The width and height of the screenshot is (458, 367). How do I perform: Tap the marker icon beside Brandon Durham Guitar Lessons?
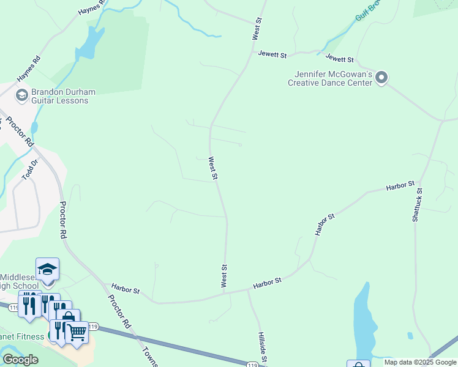tap(21, 95)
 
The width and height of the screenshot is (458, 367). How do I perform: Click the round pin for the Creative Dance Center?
tap(382, 78)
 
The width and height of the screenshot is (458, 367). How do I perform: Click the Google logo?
tap(20, 360)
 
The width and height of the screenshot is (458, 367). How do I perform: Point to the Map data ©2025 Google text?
tap(421, 362)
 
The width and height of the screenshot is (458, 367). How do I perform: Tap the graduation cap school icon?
tap(47, 269)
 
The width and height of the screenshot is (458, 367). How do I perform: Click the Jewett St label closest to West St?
tap(272, 55)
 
